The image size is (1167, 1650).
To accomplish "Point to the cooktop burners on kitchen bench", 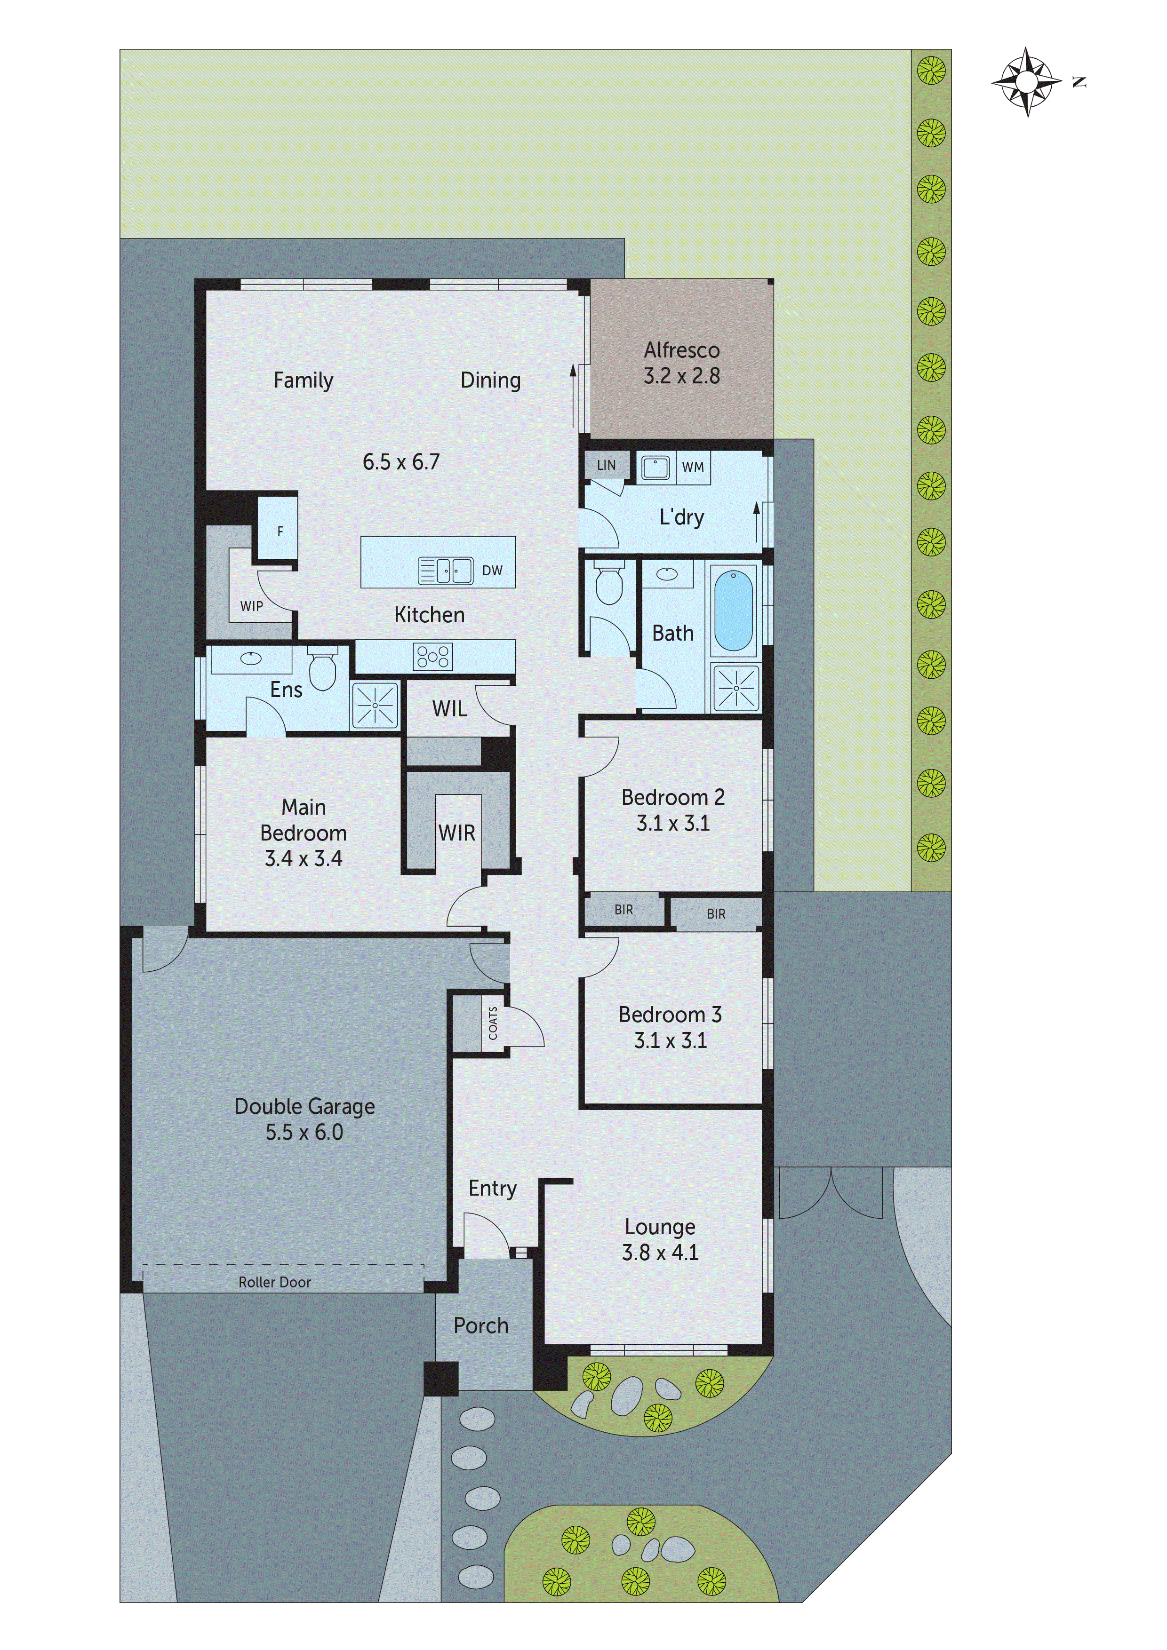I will coord(433,657).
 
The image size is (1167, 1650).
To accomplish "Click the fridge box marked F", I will coord(279,531).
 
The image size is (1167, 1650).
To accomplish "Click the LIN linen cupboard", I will coord(606,465).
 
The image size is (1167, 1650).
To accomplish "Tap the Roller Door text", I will coord(275,1282).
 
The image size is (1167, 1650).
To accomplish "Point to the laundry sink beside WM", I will coord(655,467).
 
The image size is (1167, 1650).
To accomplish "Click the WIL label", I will coord(449,709).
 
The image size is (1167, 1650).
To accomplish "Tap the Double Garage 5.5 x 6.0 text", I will coord(304,1119).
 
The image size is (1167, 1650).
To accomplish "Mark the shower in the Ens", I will coord(375,705).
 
